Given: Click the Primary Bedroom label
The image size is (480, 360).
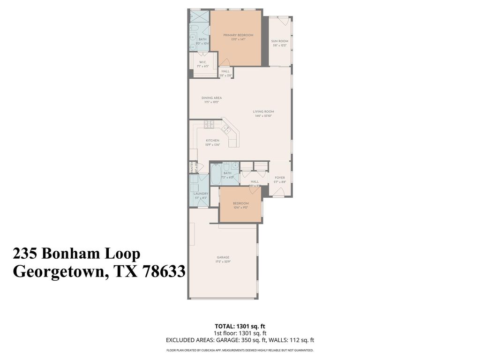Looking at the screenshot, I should point(238,35).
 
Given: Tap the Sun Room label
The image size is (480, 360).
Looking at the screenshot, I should point(279,41).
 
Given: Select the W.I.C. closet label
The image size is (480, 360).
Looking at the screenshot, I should point(203,62).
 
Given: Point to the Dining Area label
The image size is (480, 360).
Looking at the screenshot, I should point(211,97).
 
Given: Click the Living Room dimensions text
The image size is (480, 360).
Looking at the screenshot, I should point(263,116).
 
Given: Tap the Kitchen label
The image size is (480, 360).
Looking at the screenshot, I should point(212,141).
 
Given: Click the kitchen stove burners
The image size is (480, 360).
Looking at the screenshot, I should point(209,124).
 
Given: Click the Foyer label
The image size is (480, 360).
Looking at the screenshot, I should point(280,178).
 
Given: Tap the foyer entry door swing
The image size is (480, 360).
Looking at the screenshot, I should point(279,192).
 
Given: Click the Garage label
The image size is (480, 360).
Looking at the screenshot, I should point(223,257).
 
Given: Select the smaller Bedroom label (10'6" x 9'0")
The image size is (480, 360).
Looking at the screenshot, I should point(240,203).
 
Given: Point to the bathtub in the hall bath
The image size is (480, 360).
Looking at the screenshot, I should point(215,174).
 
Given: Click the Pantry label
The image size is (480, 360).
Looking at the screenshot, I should point(192,167).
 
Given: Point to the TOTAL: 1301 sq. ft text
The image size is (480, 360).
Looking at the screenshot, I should point(240,326).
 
